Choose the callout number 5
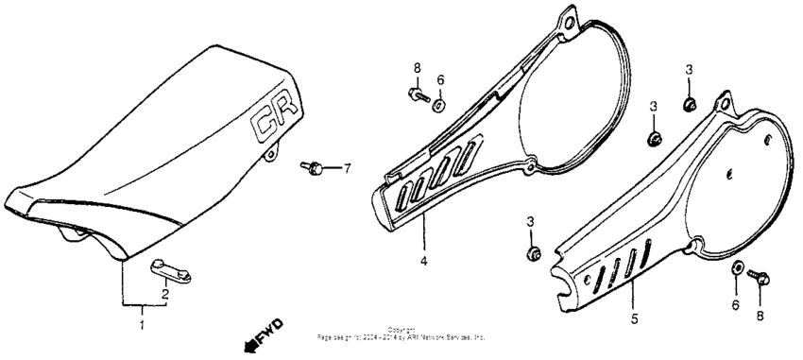[x=634, y=318]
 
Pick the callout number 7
[x=347, y=169]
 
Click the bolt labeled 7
[x=314, y=167]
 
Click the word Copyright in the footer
[x=401, y=330]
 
